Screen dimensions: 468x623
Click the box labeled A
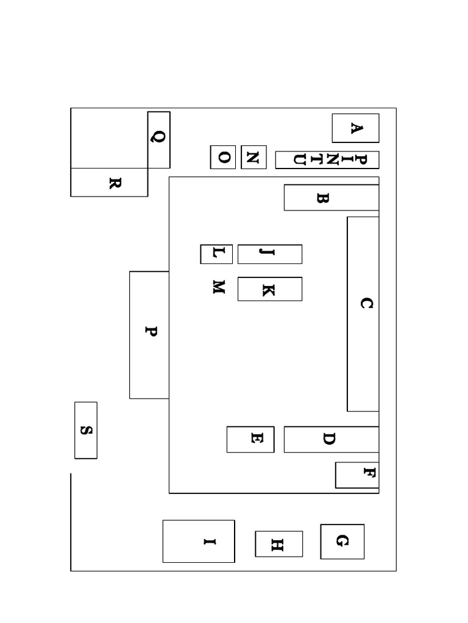click(x=355, y=128)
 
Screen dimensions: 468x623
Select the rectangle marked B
click(x=331, y=198)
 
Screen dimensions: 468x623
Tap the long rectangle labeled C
click(x=363, y=314)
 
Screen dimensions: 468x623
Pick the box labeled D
click(x=331, y=439)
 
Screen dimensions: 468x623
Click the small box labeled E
click(x=250, y=439)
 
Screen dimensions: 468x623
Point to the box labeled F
click(x=357, y=475)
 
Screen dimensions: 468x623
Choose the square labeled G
click(x=342, y=541)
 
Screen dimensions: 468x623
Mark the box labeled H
click(x=278, y=544)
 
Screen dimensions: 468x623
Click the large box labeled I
click(x=199, y=541)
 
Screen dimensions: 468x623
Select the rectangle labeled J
click(x=270, y=254)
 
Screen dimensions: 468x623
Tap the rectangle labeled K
click(x=270, y=289)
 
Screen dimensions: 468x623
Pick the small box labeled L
click(x=216, y=254)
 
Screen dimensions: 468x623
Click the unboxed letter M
click(x=219, y=287)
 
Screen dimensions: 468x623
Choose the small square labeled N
click(x=253, y=158)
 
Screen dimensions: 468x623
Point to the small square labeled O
click(x=223, y=158)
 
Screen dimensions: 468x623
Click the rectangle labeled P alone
click(x=149, y=335)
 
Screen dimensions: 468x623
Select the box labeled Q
click(x=159, y=140)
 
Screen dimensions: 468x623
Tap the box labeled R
click(x=109, y=183)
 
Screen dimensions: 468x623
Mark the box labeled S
click(x=85, y=430)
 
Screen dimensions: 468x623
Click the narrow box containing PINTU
click(x=327, y=160)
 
